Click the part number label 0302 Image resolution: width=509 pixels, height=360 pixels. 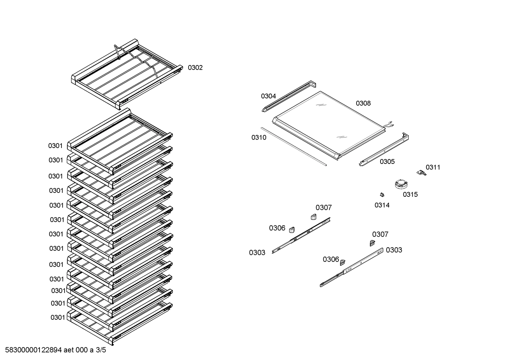(195, 67)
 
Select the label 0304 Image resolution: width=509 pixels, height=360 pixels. (268, 96)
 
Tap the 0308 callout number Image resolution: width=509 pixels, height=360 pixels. (363, 103)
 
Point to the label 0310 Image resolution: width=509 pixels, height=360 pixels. (259, 137)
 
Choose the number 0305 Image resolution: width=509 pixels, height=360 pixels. (387, 161)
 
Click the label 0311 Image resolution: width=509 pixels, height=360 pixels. (433, 167)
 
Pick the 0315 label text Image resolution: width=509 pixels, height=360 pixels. (410, 194)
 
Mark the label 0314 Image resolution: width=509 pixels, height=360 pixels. (382, 205)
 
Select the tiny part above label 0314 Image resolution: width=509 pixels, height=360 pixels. (382, 194)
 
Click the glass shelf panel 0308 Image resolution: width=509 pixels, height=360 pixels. (328, 124)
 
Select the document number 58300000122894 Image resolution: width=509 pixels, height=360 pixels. (33, 350)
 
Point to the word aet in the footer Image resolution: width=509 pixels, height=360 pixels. (69, 350)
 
